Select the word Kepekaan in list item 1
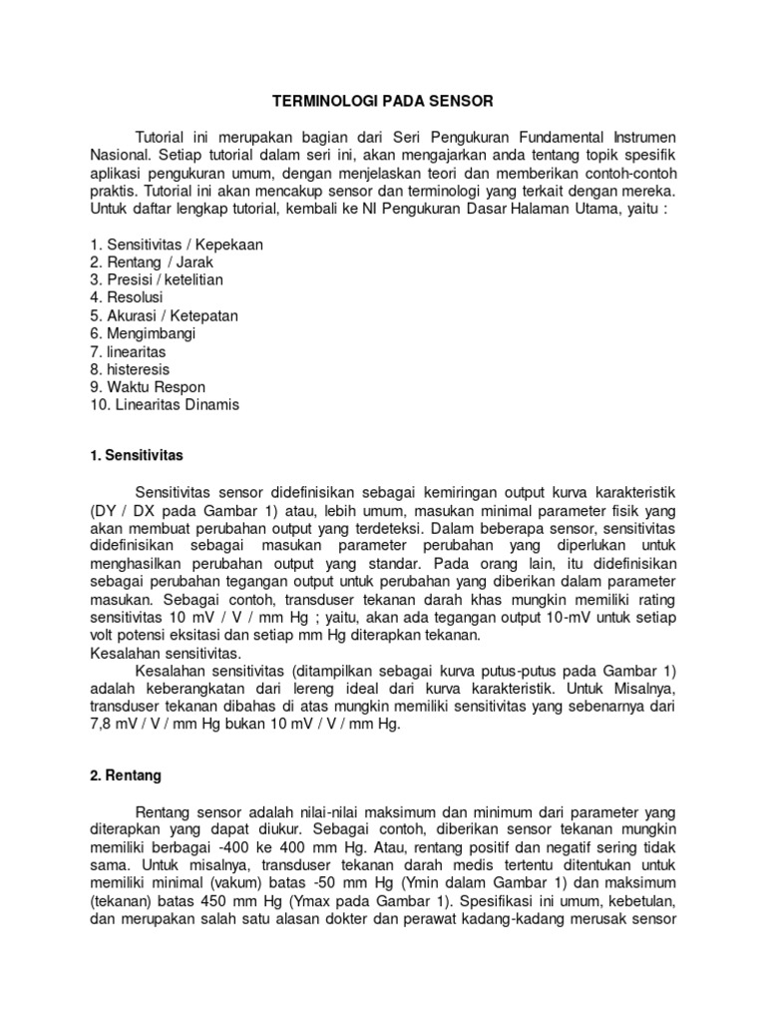click(231, 244)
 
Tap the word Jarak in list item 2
click(194, 261)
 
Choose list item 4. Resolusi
click(127, 297)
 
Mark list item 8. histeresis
click(131, 369)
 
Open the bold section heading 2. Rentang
click(126, 774)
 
